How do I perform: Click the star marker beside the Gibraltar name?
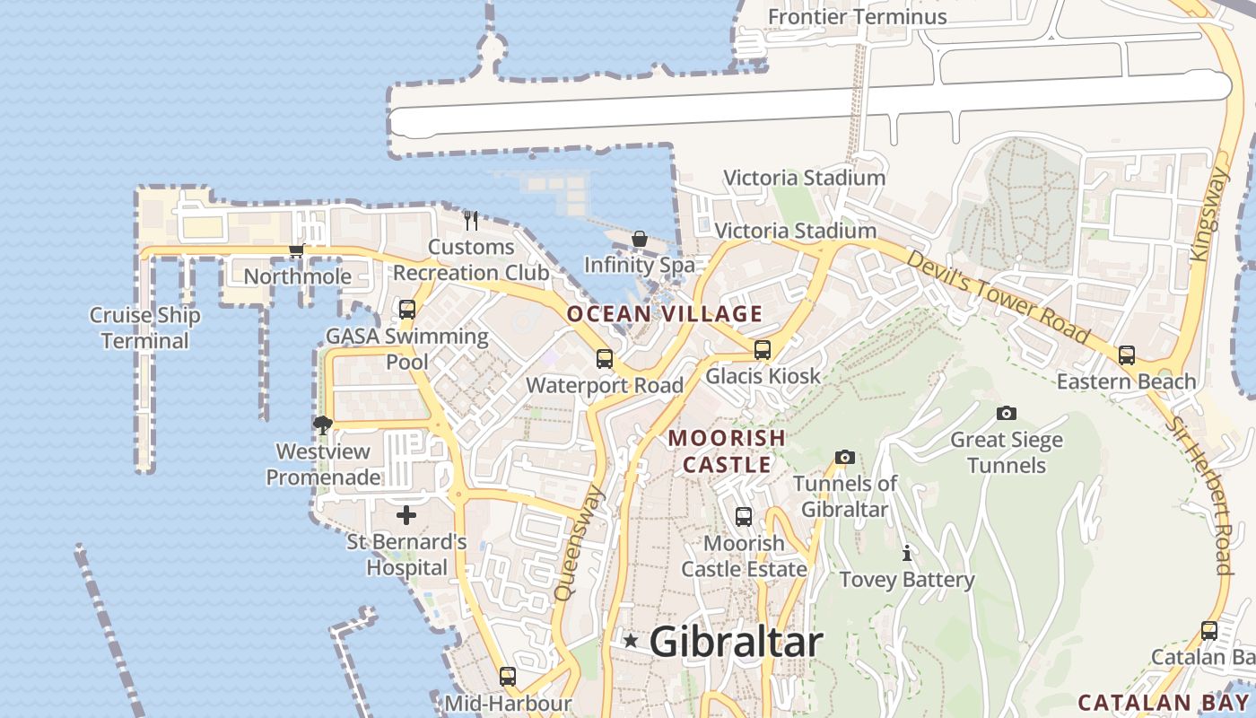(x=631, y=641)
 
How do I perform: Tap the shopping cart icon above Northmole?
(x=296, y=250)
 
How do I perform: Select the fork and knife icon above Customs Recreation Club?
(x=471, y=220)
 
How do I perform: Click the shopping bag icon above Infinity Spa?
(x=640, y=239)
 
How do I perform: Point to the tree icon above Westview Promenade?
(x=323, y=425)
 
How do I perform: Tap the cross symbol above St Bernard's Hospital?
(x=406, y=515)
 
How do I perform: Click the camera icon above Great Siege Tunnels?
(x=1007, y=413)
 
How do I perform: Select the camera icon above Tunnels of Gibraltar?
(x=844, y=458)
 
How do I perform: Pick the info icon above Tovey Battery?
(x=907, y=553)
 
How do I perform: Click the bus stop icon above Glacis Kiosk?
(x=763, y=350)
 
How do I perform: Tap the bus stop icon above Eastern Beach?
(x=1127, y=355)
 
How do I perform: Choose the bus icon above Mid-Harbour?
(x=508, y=677)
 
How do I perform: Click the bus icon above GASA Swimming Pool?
(x=407, y=310)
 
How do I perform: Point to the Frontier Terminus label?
(x=857, y=16)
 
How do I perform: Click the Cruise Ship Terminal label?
(x=144, y=328)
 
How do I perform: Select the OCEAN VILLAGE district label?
(x=665, y=314)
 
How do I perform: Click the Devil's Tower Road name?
(x=998, y=298)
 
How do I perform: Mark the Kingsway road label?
(x=1207, y=215)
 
